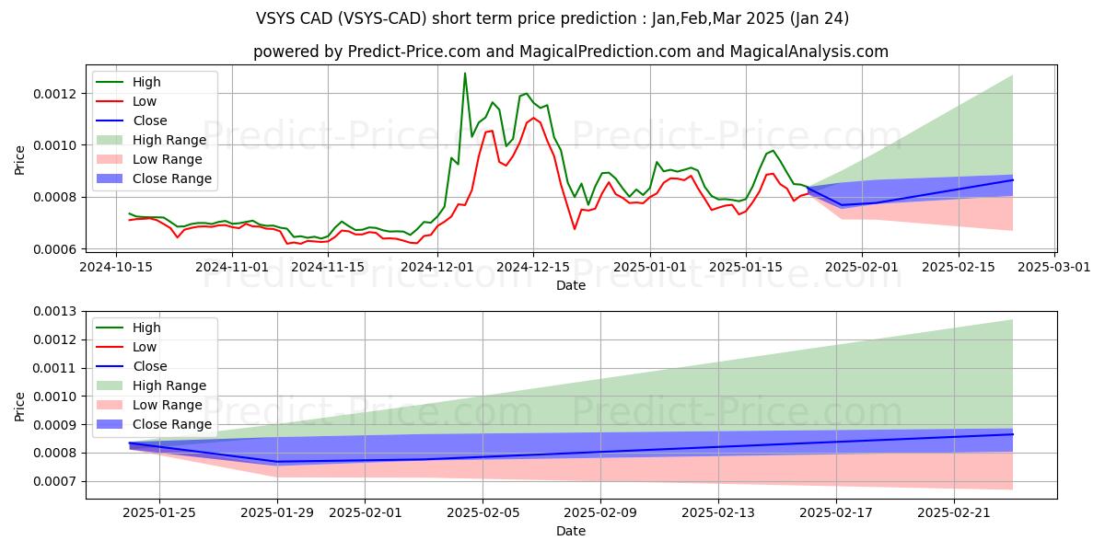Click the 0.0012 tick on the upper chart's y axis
(x=52, y=94)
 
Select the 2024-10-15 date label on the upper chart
(x=115, y=267)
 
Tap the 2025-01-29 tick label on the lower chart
(x=277, y=513)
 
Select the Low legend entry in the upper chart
(x=145, y=101)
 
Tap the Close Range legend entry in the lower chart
(x=172, y=424)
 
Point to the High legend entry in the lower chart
(x=146, y=328)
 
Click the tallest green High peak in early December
(x=465, y=73)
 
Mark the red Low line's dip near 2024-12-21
(x=575, y=228)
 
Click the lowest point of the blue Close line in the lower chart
(x=277, y=462)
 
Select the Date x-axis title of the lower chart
(x=571, y=531)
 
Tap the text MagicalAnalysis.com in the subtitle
(x=808, y=52)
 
